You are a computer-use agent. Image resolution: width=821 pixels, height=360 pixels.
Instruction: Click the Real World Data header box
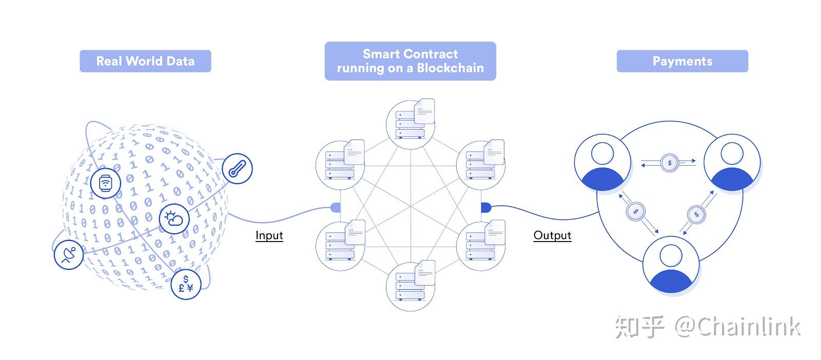145,61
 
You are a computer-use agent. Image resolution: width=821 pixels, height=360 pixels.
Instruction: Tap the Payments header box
682,61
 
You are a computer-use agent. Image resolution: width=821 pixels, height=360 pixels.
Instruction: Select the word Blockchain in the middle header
450,68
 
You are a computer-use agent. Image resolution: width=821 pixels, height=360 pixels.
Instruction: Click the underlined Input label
269,235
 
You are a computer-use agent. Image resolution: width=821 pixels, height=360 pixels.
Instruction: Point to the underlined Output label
552,235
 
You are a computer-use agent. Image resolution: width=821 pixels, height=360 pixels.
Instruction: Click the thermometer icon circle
238,169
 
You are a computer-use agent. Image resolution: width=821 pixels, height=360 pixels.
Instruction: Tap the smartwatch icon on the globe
106,183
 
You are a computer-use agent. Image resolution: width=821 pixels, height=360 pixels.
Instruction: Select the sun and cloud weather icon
174,219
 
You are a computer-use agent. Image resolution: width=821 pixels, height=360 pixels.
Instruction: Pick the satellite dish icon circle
69,254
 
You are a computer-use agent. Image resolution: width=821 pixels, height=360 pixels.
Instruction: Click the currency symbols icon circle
186,284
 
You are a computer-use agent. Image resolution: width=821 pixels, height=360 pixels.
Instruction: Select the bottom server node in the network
411,286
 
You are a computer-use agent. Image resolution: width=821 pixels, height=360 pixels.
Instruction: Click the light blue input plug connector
336,208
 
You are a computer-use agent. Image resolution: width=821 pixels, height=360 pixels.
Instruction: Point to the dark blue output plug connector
486,208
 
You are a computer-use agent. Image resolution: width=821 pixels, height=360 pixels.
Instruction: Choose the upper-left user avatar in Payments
602,162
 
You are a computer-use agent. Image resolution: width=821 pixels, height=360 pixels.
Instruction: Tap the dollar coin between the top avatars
670,163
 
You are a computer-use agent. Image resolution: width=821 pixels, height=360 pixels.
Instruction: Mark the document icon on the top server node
424,111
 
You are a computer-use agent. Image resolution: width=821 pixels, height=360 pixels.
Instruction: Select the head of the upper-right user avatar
732,153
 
